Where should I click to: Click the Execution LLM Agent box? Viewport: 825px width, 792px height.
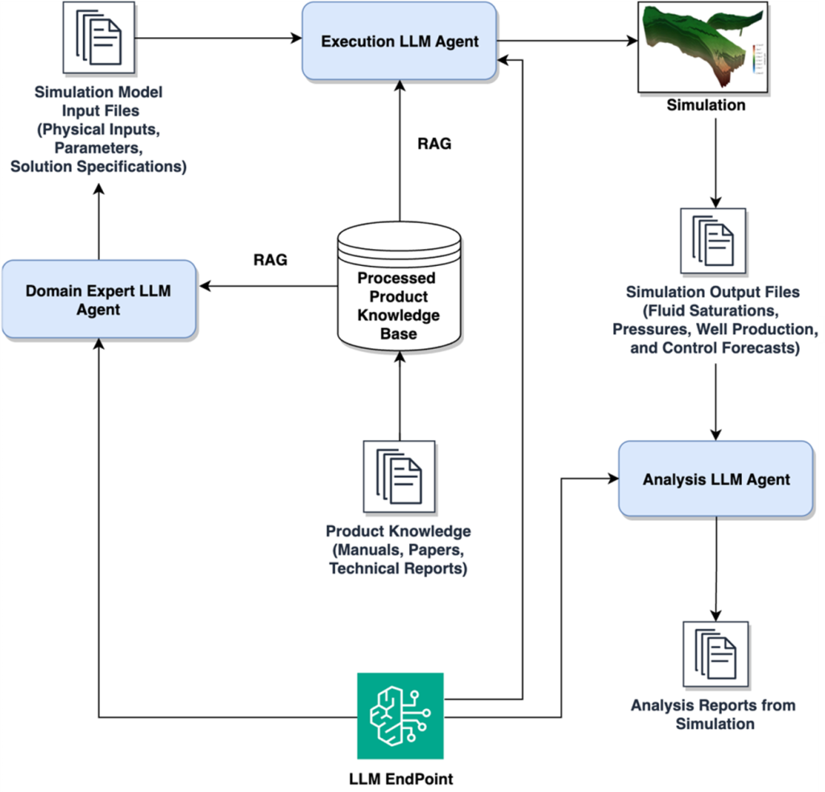400,41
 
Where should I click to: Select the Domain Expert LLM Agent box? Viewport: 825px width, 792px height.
98,300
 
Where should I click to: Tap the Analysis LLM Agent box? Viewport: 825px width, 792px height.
715,479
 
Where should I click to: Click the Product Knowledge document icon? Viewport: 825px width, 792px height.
399,476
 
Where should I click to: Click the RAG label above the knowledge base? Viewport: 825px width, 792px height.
434,144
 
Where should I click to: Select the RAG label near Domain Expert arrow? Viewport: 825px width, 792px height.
270,260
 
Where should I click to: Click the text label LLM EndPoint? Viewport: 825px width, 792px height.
400,778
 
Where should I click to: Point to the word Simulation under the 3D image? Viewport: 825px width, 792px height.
706,105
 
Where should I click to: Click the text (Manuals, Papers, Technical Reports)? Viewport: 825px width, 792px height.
398,558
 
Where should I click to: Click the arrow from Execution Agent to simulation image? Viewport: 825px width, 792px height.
564,42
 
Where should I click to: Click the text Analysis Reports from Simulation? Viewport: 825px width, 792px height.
714,714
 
